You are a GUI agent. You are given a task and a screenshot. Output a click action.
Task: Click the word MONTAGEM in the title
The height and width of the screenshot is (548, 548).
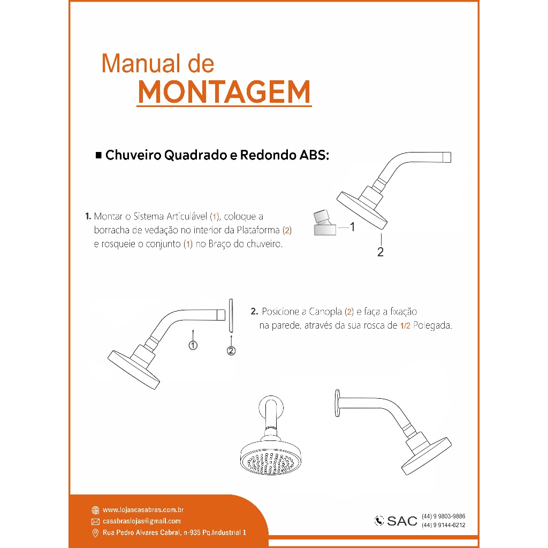(x=224, y=92)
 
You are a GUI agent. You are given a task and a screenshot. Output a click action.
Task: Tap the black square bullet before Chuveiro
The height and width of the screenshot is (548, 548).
(x=98, y=155)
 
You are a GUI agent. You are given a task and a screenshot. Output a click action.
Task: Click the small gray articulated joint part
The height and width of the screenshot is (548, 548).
(x=325, y=223)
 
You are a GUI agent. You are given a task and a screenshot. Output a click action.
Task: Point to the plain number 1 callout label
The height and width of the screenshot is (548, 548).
(x=352, y=227)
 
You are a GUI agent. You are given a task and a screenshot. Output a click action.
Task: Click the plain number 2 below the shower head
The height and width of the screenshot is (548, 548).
(x=380, y=252)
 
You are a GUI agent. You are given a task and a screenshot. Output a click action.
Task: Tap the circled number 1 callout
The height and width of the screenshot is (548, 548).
(x=193, y=345)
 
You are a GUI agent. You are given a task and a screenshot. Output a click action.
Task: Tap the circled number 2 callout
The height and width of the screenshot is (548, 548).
(x=231, y=351)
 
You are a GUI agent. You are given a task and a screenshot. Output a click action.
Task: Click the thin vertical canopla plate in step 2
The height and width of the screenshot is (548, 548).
(x=231, y=315)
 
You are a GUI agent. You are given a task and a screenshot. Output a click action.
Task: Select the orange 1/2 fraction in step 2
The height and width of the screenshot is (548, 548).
(x=406, y=326)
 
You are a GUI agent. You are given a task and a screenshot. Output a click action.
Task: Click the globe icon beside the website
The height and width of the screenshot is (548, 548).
(x=95, y=510)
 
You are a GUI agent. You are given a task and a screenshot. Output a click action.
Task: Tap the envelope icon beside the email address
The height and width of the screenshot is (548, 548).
(x=95, y=522)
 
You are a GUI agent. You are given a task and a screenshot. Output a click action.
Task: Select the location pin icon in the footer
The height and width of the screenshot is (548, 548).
(x=95, y=533)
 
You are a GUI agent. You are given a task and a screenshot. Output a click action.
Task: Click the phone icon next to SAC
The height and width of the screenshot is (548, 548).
(x=379, y=521)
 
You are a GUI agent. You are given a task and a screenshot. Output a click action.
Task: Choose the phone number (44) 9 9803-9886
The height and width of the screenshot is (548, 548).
(x=444, y=516)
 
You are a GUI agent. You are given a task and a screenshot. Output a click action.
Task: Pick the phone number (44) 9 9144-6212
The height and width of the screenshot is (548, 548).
(x=444, y=526)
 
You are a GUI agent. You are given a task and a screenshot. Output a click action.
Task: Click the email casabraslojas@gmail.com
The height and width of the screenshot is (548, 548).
(x=141, y=521)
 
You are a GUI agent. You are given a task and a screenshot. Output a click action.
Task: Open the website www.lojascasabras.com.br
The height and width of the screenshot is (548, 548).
(x=143, y=510)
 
